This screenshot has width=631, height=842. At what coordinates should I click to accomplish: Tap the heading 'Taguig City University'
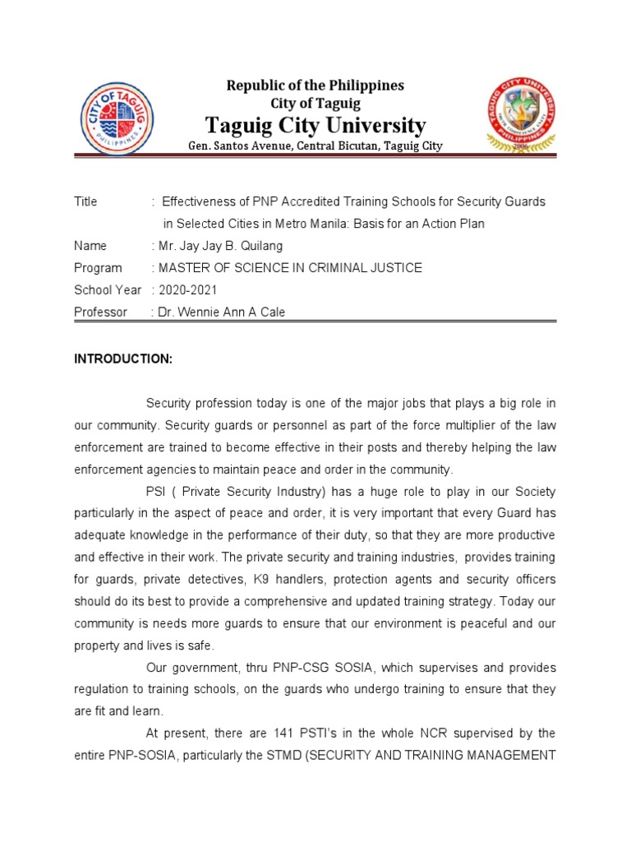[x=315, y=126]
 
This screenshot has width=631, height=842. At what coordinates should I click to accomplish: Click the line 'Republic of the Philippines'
[x=315, y=86]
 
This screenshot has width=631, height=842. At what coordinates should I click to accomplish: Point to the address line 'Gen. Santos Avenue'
[x=315, y=146]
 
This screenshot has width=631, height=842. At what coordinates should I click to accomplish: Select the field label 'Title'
[x=85, y=201]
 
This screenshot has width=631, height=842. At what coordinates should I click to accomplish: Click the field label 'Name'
[x=90, y=246]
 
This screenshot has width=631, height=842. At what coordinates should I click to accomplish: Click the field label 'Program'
[x=98, y=268]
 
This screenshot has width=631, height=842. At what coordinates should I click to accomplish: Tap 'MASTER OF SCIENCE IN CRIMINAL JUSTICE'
[x=290, y=268]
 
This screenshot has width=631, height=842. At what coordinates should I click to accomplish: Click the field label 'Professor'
[x=100, y=312]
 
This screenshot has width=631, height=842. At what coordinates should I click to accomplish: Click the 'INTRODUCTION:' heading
[x=123, y=359]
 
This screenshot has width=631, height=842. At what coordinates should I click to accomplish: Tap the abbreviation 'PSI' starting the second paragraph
[x=157, y=492]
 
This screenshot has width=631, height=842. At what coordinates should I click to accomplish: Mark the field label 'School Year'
[x=108, y=290]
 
